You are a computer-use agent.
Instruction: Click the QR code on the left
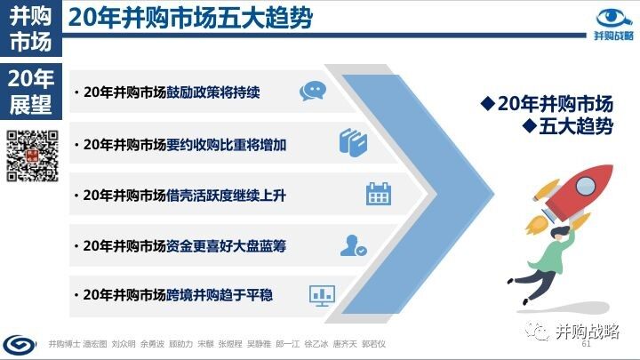coord(32,156)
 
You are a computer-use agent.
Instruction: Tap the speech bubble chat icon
coord(313,91)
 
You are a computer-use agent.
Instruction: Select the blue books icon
coord(353,142)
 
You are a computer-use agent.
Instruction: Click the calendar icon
coord(379,194)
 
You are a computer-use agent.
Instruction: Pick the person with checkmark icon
coord(354,245)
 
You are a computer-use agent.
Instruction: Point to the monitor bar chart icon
coord(322,295)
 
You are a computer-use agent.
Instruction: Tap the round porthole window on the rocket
coord(586,187)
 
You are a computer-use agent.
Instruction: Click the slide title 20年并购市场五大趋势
coord(190,18)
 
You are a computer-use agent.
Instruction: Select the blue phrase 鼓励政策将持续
coord(213,92)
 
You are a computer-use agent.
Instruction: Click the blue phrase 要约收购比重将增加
coord(226,145)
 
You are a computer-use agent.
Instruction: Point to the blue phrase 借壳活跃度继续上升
coord(226,196)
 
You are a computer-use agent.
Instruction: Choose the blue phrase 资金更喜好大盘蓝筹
coord(226,246)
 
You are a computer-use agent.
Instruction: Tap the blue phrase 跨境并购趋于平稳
coord(220,295)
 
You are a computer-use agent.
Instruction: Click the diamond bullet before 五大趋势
coord(530,125)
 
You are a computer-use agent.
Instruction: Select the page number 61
coord(586,344)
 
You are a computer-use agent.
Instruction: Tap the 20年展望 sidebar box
coord(31,92)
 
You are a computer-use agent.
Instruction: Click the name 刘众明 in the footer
coord(124,344)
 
